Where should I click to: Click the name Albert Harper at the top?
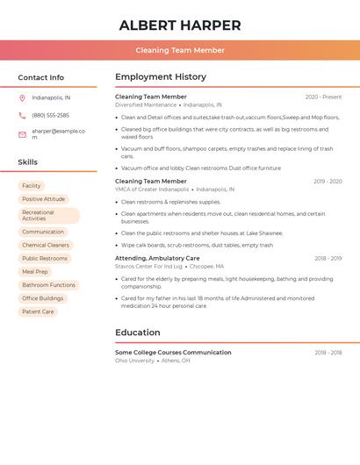pyautogui.click(x=180, y=25)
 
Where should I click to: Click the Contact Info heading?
pyautogui.click(x=40, y=77)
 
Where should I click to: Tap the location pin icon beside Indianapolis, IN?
pyautogui.click(x=22, y=98)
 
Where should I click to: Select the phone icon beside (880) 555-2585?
pyautogui.click(x=22, y=116)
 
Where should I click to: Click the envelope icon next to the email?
pyautogui.click(x=22, y=134)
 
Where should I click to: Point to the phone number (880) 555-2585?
pyautogui.click(x=50, y=116)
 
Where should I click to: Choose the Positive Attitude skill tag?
pyautogui.click(x=44, y=199)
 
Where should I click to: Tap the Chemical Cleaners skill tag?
pyautogui.click(x=46, y=246)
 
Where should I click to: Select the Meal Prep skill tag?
pyautogui.click(x=35, y=272)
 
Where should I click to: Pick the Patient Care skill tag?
pyautogui.click(x=38, y=311)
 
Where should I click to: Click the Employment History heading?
pyautogui.click(x=161, y=77)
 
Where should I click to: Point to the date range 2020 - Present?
pyautogui.click(x=323, y=97)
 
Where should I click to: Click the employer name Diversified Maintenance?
pyautogui.click(x=146, y=105)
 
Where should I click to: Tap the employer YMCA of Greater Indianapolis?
pyautogui.click(x=152, y=190)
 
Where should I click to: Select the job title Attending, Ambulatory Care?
pyautogui.click(x=157, y=259)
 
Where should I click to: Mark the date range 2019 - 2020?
pyautogui.click(x=328, y=182)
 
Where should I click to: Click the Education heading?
pyautogui.click(x=138, y=333)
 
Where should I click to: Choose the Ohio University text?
pyautogui.click(x=134, y=361)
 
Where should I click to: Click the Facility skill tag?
pyautogui.click(x=32, y=186)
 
